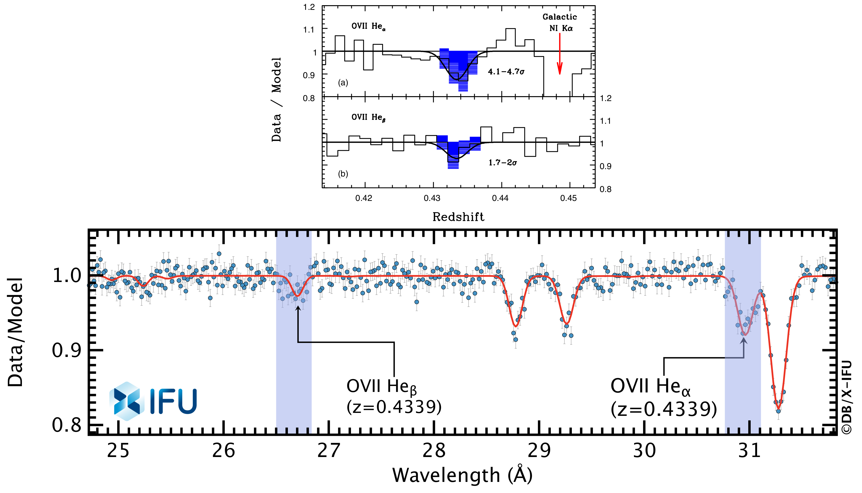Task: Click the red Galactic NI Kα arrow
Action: point(560,54)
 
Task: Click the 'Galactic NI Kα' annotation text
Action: point(560,22)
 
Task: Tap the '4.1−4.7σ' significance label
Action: point(506,72)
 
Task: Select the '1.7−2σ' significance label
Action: point(503,163)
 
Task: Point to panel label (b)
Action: point(343,174)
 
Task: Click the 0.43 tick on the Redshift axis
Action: point(432,198)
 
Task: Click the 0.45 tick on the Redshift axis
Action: point(568,198)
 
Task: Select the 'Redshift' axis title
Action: point(458,217)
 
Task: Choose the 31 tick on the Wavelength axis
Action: point(749,451)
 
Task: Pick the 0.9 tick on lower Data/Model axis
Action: point(67,351)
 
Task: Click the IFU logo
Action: point(153,401)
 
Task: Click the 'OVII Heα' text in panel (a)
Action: point(368,26)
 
